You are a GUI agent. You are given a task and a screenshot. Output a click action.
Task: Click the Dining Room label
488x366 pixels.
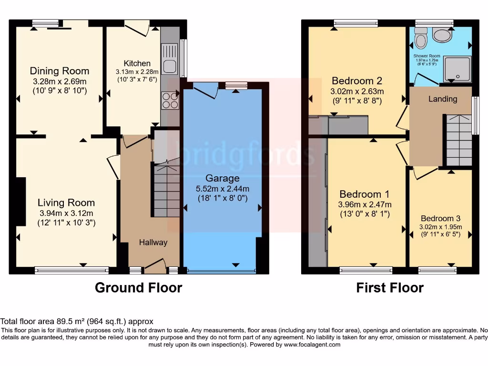(x=60, y=71)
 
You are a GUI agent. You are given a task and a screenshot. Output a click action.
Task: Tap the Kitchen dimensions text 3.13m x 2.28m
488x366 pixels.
(x=137, y=72)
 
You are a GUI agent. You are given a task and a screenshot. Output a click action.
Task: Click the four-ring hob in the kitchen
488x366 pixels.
(x=169, y=99)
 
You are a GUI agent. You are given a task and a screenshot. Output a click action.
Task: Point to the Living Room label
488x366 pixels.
(x=66, y=203)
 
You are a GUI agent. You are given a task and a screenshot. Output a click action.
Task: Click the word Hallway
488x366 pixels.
(x=153, y=242)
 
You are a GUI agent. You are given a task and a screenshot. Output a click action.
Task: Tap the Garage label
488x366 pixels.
(x=223, y=178)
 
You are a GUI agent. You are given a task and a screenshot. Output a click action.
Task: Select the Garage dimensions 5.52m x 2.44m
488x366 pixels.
(x=223, y=188)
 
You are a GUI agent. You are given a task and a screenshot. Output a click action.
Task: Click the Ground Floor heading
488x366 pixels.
(x=138, y=288)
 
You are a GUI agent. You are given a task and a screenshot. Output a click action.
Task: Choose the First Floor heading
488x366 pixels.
(x=390, y=288)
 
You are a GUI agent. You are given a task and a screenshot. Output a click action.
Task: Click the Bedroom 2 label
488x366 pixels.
(x=357, y=81)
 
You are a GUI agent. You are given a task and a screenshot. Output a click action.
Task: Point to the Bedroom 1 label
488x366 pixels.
(x=365, y=194)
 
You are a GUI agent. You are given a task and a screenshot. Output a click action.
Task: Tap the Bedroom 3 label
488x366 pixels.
(x=440, y=218)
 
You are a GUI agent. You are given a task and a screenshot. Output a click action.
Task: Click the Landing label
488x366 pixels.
(x=443, y=99)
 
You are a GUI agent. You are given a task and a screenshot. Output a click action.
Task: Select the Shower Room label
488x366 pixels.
(x=427, y=55)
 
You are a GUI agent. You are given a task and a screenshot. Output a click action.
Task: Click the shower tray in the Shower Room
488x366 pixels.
(x=457, y=68)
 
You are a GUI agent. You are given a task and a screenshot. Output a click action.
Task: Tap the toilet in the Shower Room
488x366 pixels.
(x=420, y=38)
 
